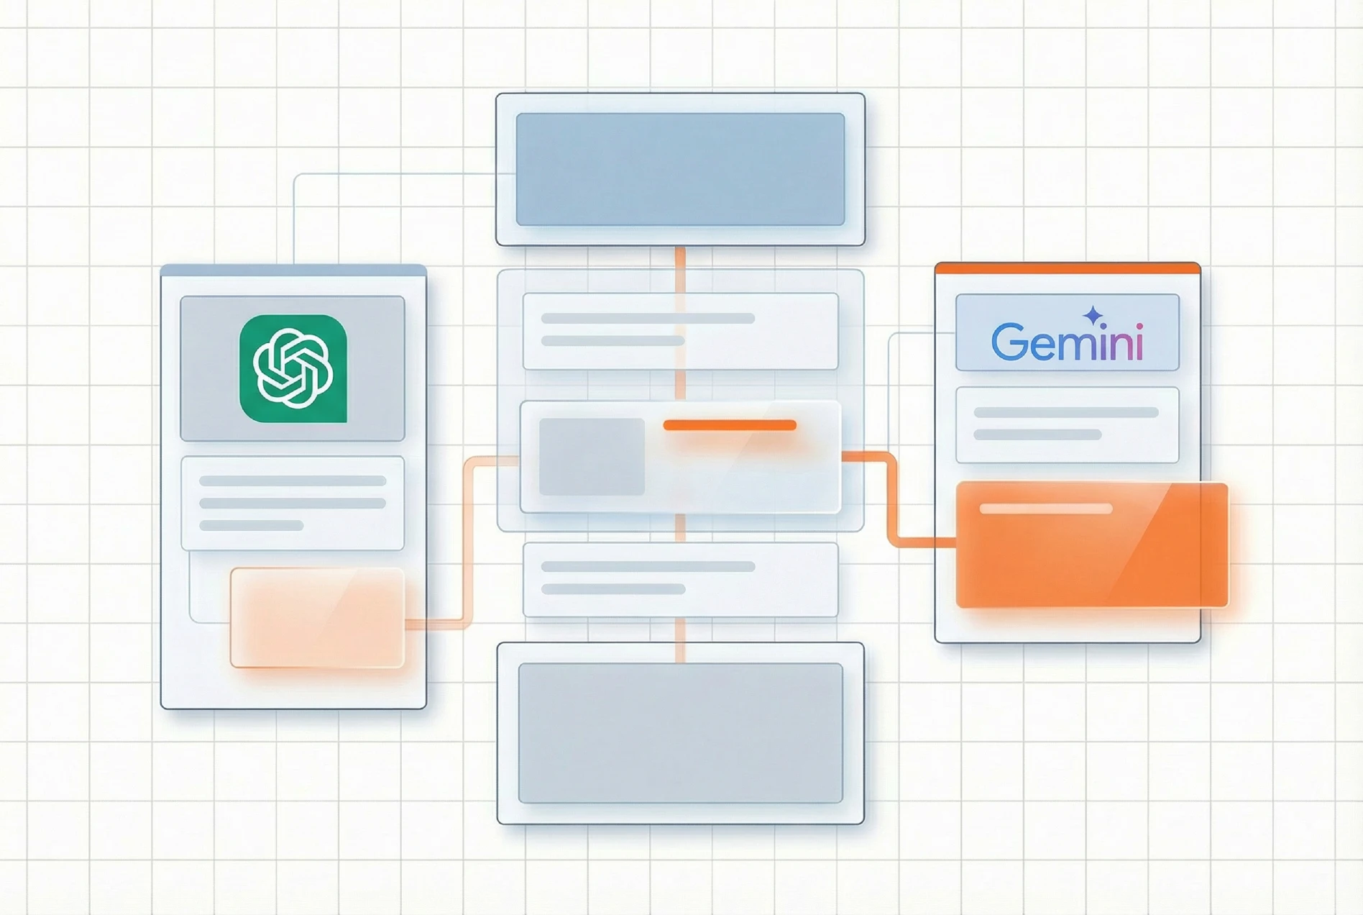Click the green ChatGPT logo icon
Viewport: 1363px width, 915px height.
tap(293, 368)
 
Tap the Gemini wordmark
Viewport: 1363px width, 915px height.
tap(1067, 342)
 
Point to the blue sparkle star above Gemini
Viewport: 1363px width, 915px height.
tap(1093, 315)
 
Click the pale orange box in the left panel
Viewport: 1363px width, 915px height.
tap(317, 617)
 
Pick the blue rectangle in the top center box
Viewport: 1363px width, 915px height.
tap(680, 169)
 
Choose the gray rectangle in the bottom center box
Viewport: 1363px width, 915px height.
tap(680, 732)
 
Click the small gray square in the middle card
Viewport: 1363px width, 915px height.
tap(592, 457)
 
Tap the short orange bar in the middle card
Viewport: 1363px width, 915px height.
tap(730, 425)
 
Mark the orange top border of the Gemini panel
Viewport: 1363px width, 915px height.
tap(1068, 268)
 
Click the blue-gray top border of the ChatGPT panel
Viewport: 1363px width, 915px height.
tap(293, 270)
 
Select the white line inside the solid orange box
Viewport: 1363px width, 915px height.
tap(1046, 509)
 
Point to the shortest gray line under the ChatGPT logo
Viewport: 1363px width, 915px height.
tap(251, 526)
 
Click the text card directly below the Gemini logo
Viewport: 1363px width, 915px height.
tap(1067, 424)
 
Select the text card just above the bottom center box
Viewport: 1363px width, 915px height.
tap(680, 579)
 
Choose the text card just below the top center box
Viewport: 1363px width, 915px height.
tap(680, 331)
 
